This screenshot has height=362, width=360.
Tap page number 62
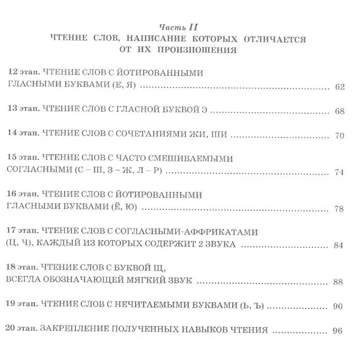click(339, 87)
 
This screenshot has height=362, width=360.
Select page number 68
click(339, 112)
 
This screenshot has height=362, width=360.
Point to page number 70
click(339, 137)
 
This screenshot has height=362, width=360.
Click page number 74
click(339, 172)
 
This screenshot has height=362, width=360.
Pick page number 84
click(339, 245)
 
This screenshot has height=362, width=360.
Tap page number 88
click(339, 281)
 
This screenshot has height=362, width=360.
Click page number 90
click(339, 306)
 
